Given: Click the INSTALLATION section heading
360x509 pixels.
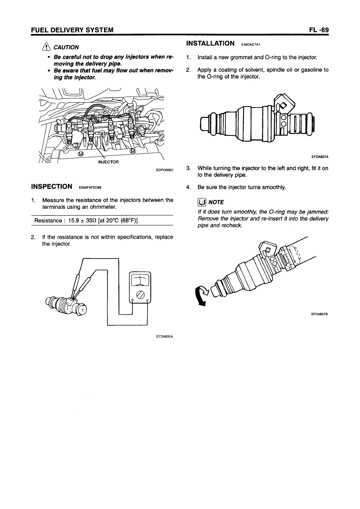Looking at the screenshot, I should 210,43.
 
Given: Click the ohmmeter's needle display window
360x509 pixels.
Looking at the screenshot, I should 139,279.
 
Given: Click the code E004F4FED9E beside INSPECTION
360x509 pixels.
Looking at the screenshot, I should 90,187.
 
